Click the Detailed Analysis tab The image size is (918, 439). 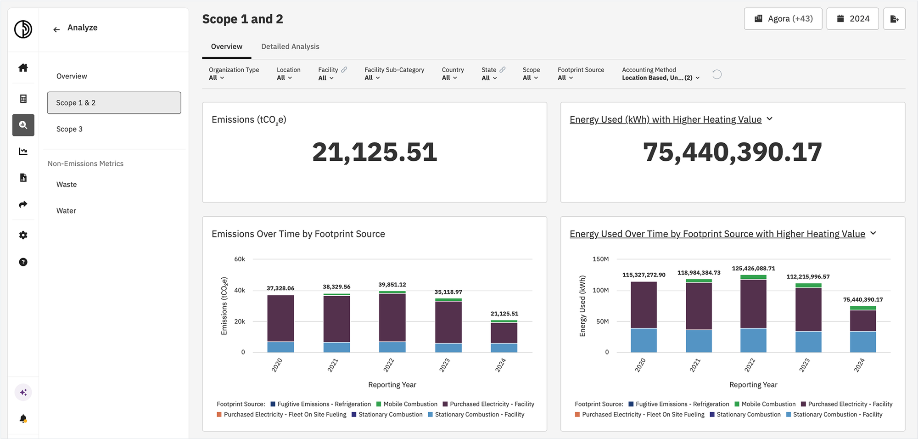[x=290, y=46]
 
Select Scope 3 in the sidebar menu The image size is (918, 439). [x=69, y=129]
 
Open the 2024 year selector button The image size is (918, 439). [x=852, y=19]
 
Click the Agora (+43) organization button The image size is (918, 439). [x=783, y=19]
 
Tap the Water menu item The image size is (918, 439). [x=66, y=211]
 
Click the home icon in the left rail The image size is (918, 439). [x=23, y=68]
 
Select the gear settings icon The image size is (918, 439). [x=23, y=235]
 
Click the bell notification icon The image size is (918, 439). [x=23, y=418]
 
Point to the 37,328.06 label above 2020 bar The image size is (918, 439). [x=280, y=288]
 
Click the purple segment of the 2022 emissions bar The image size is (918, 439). [x=392, y=317]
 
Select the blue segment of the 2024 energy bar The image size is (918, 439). [x=863, y=342]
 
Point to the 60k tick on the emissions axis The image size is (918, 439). [x=240, y=259]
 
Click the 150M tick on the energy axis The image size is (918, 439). [x=600, y=259]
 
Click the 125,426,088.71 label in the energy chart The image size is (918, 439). [x=753, y=269]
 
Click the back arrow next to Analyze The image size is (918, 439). [x=56, y=30]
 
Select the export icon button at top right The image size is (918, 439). [x=894, y=19]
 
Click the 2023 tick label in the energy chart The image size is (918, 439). [x=804, y=366]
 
